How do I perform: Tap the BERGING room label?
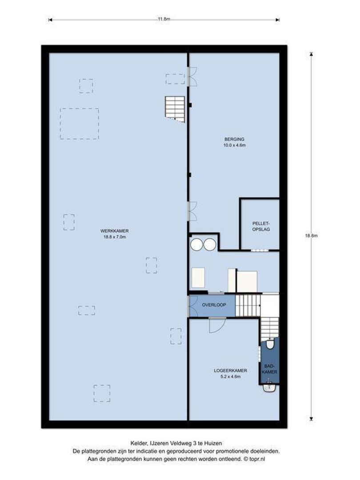(x=235, y=139)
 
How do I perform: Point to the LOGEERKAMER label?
(x=231, y=370)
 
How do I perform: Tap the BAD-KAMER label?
(x=269, y=368)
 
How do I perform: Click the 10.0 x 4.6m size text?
(x=235, y=145)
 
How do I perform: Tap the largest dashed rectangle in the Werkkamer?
(x=80, y=124)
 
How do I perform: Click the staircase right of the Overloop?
(x=247, y=305)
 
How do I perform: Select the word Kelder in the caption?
(x=138, y=443)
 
